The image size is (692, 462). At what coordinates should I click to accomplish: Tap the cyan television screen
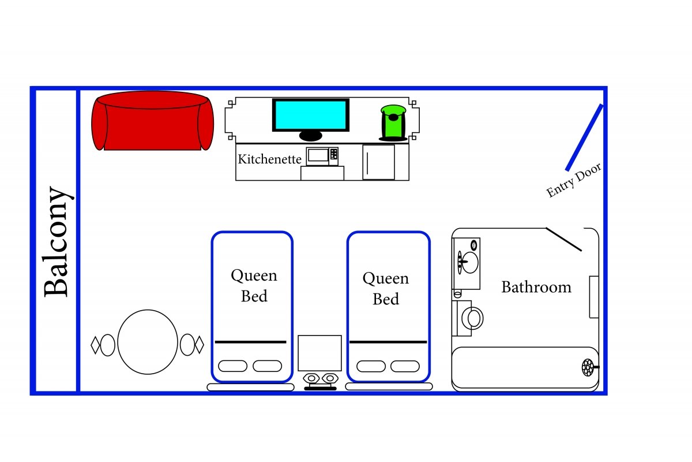[310, 115]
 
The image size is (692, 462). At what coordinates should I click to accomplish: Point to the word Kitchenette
[269, 159]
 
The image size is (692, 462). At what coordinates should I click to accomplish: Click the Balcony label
[57, 241]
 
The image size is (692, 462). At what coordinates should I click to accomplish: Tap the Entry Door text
[574, 180]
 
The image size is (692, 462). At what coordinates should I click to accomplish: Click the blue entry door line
[584, 137]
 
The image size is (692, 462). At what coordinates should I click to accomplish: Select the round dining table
[148, 342]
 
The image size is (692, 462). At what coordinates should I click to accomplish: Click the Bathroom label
[536, 287]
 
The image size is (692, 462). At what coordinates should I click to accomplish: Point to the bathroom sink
[468, 263]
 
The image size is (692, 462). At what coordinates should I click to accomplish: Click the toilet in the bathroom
[471, 318]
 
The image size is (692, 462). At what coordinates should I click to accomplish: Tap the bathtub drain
[588, 367]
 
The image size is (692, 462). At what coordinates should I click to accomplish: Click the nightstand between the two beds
[319, 353]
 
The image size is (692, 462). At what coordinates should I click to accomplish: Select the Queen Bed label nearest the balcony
[254, 286]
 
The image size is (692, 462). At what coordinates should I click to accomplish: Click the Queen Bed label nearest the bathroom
[386, 289]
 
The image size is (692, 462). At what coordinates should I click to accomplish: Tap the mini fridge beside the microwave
[379, 162]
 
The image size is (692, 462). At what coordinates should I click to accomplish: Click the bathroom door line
[563, 239]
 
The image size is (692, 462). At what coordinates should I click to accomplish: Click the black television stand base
[310, 136]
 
